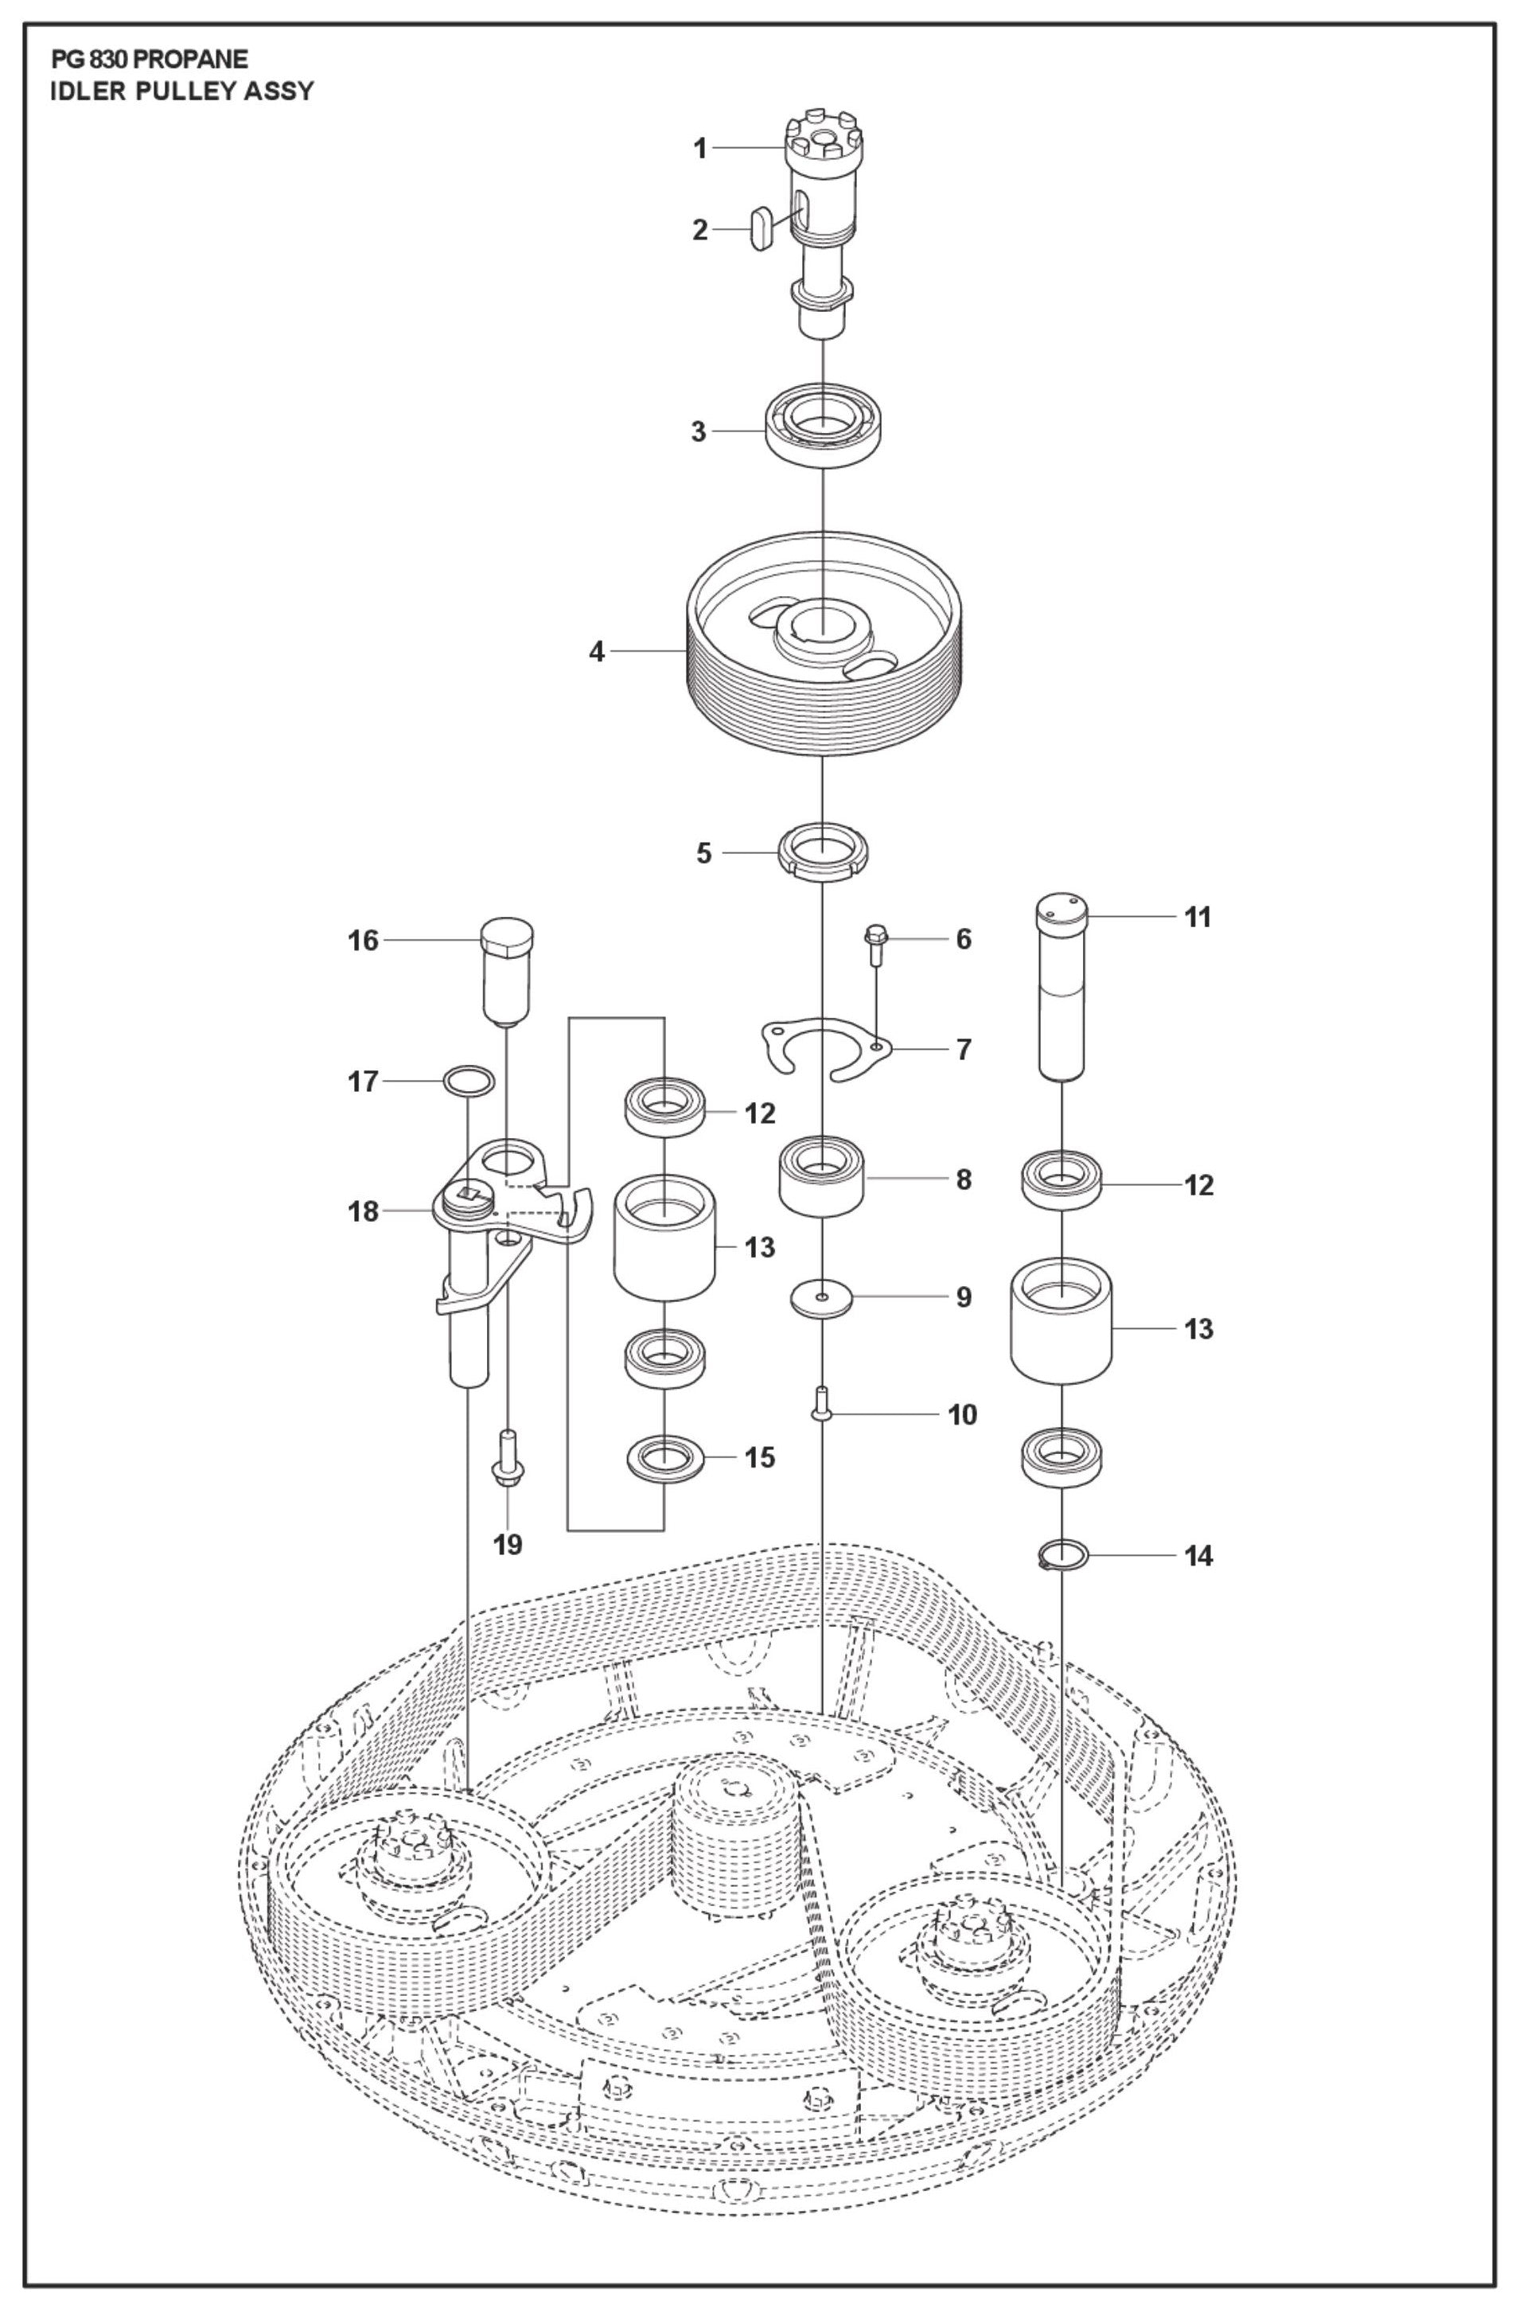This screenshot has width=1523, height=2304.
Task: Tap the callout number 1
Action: (699, 149)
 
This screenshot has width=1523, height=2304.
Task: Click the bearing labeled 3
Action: (823, 431)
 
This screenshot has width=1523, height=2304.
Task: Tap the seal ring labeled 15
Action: (664, 1460)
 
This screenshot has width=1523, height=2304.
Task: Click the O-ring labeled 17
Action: (468, 1080)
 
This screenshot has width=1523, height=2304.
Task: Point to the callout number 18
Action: (364, 1211)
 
